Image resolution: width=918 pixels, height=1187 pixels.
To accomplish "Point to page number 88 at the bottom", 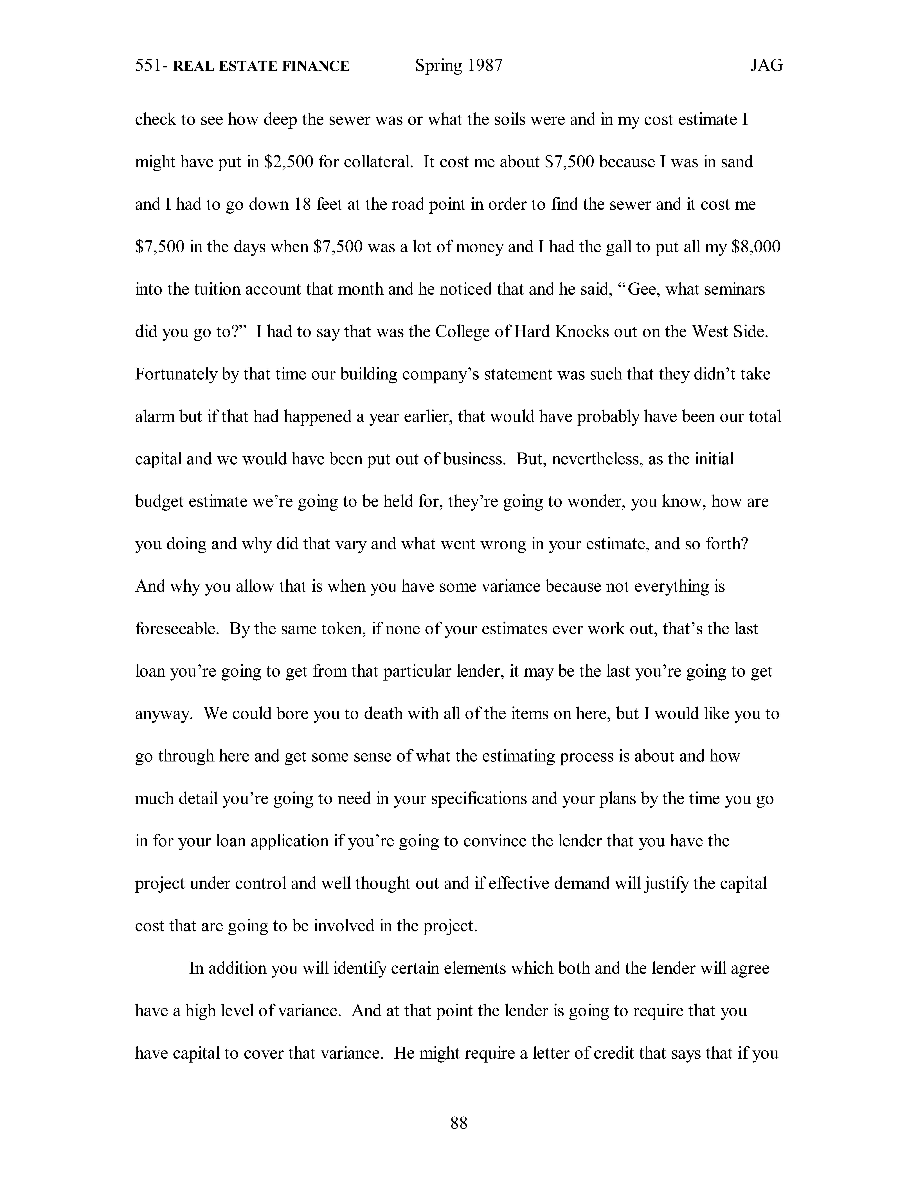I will pyautogui.click(x=458, y=1123).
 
